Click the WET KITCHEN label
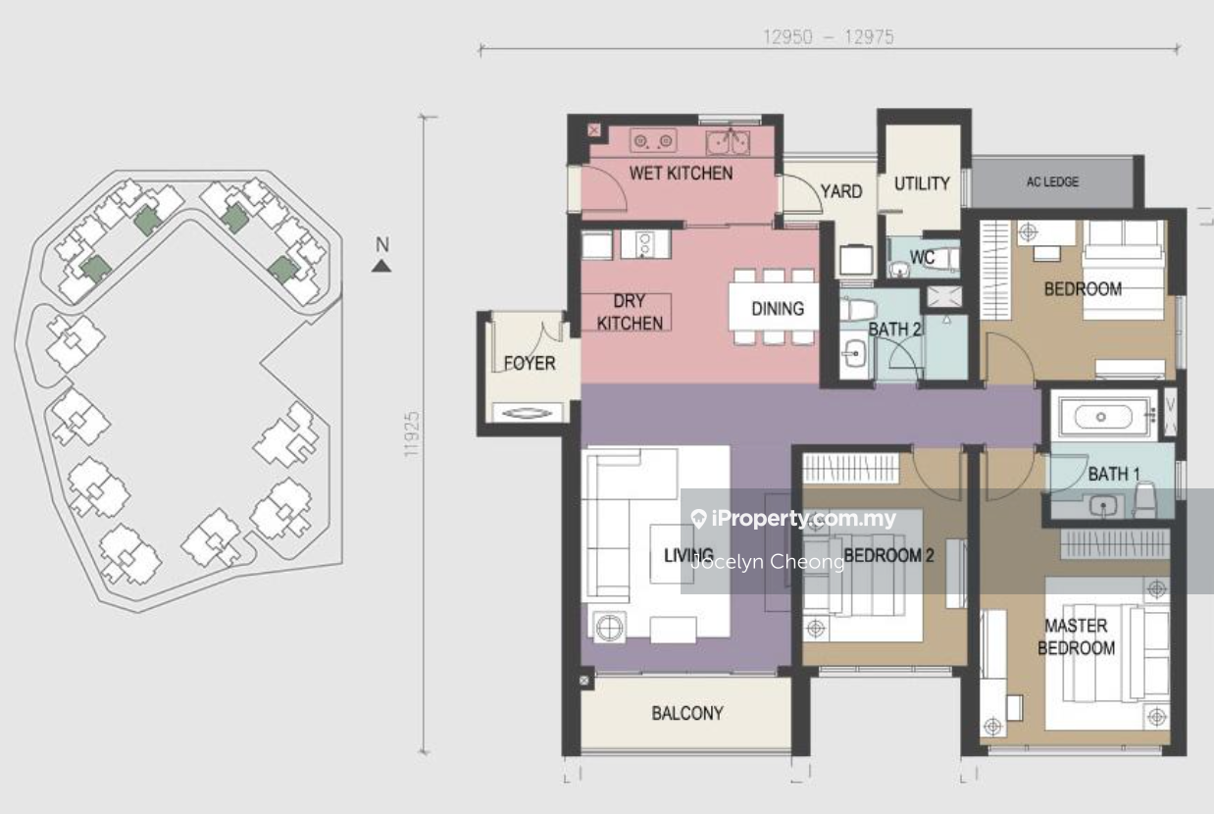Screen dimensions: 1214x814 (681, 174)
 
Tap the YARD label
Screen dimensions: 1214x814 (841, 191)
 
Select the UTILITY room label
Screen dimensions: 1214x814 (922, 183)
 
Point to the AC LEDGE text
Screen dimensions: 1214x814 (1052, 181)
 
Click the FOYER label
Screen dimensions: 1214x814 (530, 363)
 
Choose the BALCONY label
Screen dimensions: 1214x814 (687, 713)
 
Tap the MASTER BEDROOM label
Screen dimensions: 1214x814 (1077, 636)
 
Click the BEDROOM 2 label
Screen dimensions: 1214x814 (888, 555)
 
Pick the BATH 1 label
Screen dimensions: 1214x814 (1114, 475)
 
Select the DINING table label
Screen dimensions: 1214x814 (778, 309)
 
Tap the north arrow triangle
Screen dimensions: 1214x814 (381, 266)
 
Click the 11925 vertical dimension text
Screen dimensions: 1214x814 (413, 434)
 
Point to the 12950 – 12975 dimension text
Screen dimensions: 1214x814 (829, 37)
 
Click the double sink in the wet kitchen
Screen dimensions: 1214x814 (728, 142)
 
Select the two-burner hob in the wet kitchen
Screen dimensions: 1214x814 (653, 141)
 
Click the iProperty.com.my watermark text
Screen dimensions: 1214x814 (794, 519)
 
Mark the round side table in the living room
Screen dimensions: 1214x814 (610, 628)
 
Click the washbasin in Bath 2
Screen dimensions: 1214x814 (854, 355)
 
